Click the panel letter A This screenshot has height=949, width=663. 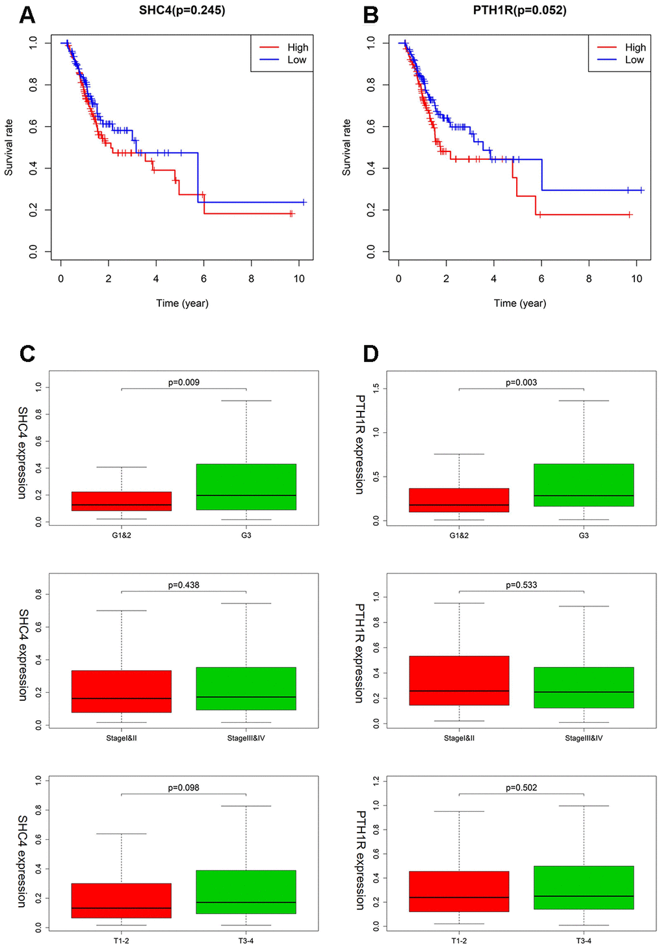coord(27,15)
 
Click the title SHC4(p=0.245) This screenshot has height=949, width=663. coord(182,10)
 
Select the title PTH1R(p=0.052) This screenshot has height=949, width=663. coord(519,10)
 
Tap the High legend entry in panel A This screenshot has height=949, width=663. coord(297,47)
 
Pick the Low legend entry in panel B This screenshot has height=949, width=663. coord(634,60)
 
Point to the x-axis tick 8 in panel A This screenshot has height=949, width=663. coord(252,279)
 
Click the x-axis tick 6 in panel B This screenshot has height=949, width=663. coord(541,279)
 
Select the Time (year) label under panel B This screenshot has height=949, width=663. coord(519,303)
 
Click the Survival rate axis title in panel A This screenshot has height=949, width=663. coord(9,147)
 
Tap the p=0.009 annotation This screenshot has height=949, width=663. coord(184,382)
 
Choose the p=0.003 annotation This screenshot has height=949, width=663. coord(521,382)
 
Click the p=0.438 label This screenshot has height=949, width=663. coord(184,585)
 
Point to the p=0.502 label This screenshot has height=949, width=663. coord(521,788)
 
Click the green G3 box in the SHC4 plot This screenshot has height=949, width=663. coord(246,486)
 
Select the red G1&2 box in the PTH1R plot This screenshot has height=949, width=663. coord(459,500)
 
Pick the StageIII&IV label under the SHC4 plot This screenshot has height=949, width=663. coord(246,738)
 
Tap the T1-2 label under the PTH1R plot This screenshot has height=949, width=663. coord(459,941)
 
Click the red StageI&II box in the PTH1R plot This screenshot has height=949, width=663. coord(459,681)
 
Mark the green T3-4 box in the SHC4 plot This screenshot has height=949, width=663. coord(246,892)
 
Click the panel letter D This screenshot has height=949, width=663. coord(370,354)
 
